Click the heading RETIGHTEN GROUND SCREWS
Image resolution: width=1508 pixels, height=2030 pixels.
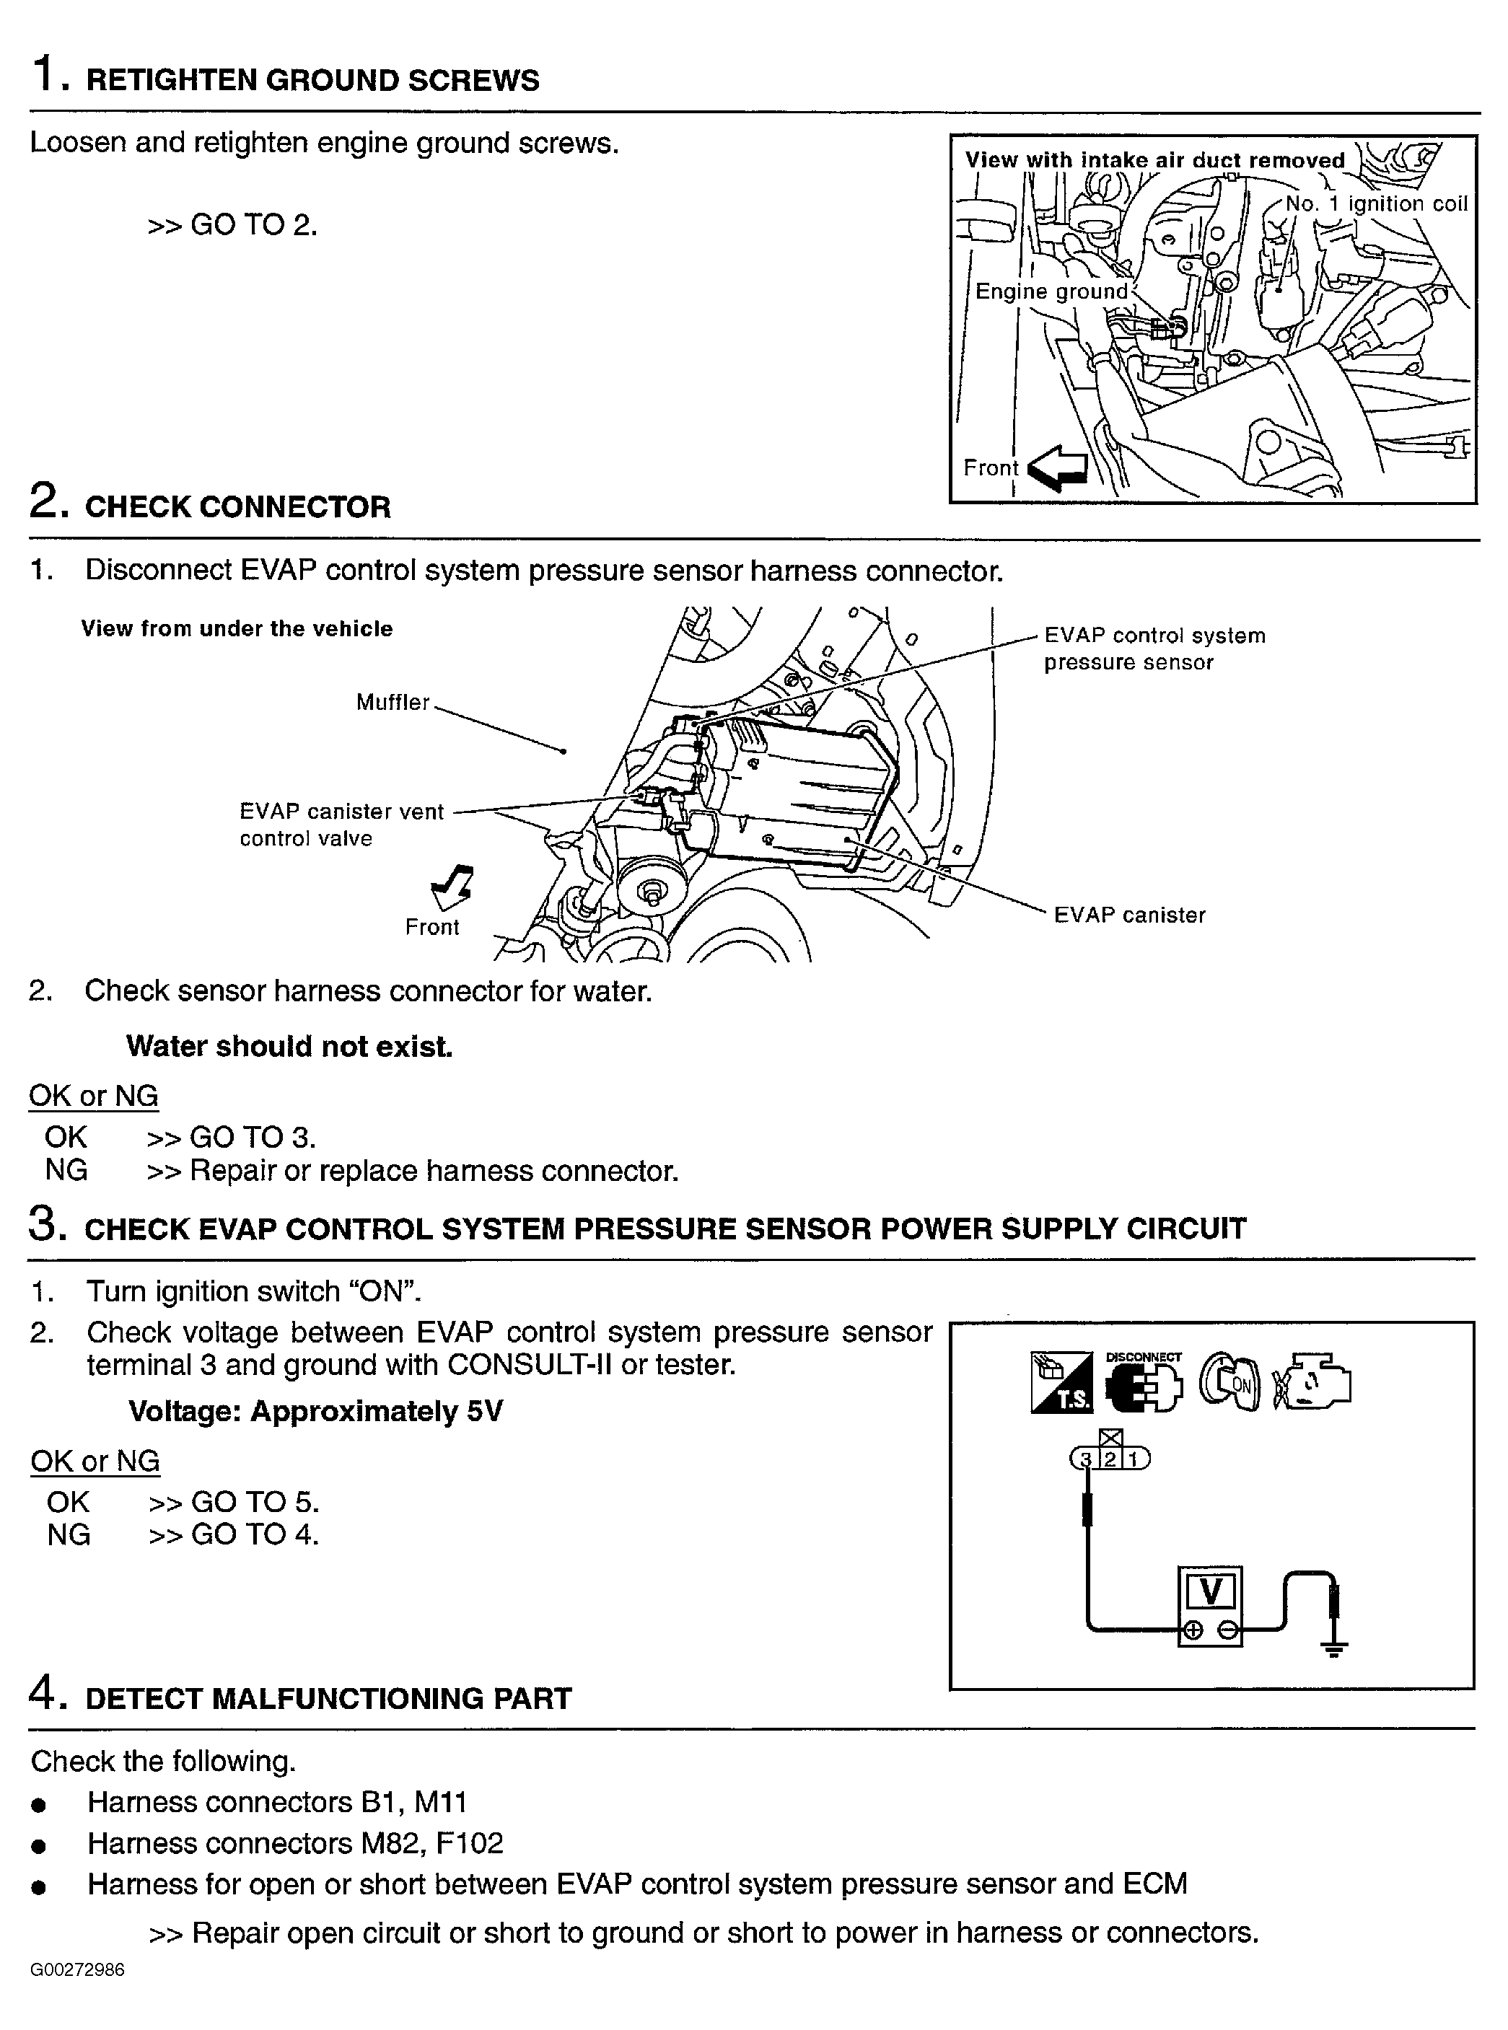[x=312, y=80]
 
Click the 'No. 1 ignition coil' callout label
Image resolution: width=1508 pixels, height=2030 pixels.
[x=1376, y=203]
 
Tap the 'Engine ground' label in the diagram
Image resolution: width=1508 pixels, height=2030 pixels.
[x=1051, y=291]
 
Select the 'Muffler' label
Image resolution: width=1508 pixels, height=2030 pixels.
[x=393, y=702]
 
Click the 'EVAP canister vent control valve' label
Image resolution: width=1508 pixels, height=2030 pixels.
[x=341, y=825]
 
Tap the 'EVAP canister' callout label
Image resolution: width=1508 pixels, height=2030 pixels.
[x=1129, y=915]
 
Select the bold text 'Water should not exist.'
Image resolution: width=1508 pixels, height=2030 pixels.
[x=289, y=1046]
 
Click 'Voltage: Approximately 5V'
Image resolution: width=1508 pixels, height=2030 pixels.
[x=315, y=1411]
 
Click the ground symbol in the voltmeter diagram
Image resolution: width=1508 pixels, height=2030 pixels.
[x=1333, y=1648]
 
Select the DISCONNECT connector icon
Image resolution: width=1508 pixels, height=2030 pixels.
[x=1143, y=1384]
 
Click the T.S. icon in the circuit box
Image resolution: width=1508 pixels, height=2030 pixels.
[x=1061, y=1384]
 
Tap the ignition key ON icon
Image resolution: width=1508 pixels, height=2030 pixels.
[x=1229, y=1384]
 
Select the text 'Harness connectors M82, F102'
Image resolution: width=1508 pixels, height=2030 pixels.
[x=295, y=1843]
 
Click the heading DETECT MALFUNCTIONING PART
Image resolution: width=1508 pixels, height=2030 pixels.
[x=328, y=1699]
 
